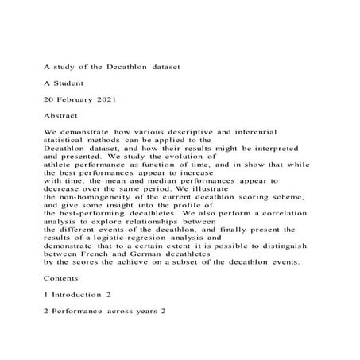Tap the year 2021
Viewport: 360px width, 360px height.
(x=118, y=101)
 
